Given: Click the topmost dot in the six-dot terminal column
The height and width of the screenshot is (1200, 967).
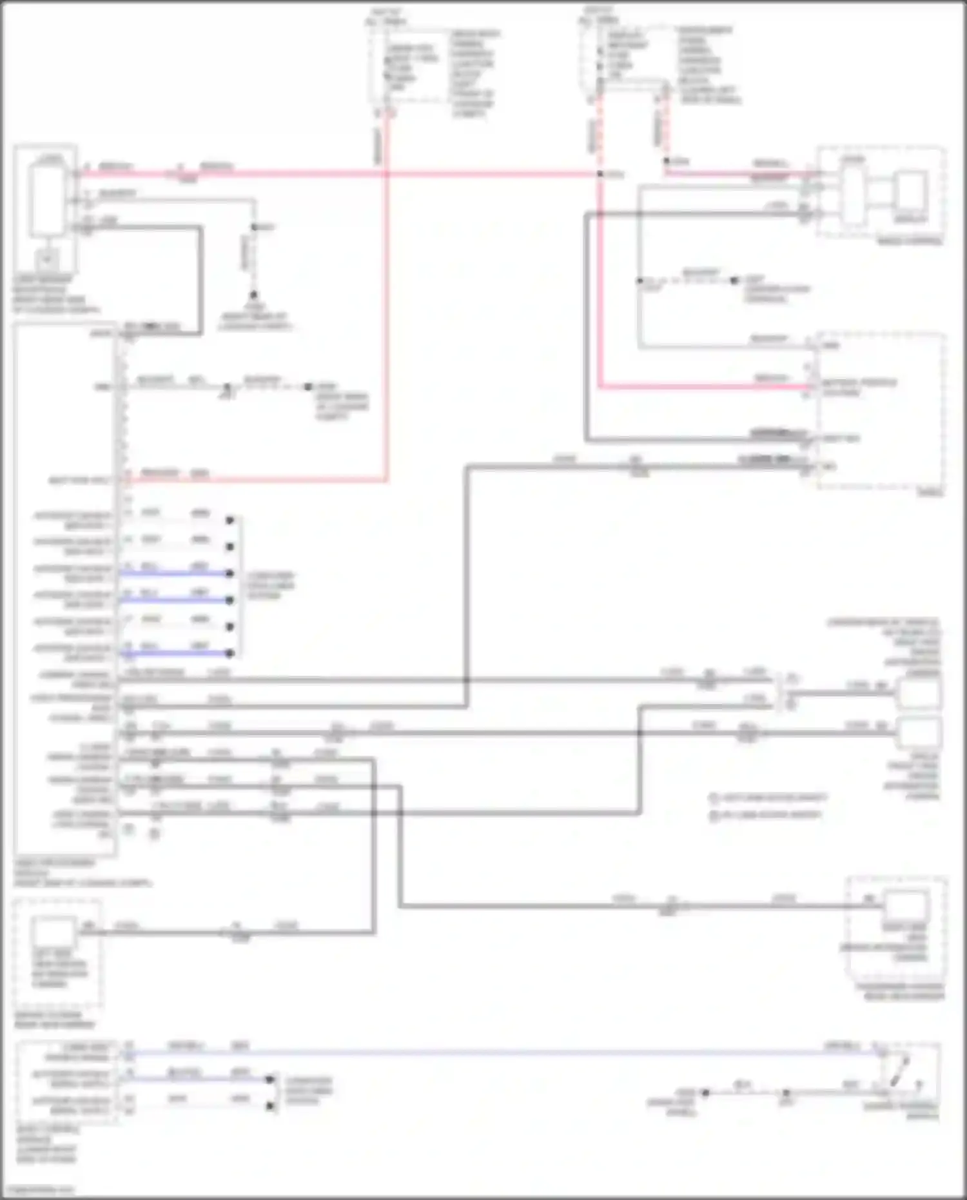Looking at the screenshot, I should [x=230, y=520].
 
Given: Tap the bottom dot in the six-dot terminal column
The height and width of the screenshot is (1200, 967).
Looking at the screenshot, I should [x=230, y=653].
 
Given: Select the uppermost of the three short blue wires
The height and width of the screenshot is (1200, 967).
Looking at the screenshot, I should [x=174, y=573].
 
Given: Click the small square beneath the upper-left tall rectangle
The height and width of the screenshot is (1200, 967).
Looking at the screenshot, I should [x=46, y=259].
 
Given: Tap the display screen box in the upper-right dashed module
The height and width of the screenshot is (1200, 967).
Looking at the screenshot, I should [x=910, y=191].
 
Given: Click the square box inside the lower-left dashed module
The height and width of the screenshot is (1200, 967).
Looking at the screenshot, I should [x=54, y=934].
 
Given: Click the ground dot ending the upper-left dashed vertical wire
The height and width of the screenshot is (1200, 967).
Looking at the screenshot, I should [x=254, y=294].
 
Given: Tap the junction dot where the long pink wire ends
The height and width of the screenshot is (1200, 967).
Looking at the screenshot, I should [x=600, y=174].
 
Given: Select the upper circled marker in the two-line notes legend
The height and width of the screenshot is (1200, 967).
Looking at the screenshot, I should [x=713, y=798].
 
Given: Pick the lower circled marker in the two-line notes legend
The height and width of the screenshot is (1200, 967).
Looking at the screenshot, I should [x=713, y=816].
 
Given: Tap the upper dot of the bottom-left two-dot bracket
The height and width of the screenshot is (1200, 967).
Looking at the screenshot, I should [x=271, y=1079].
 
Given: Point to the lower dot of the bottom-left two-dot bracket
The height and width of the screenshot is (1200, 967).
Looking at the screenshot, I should [x=271, y=1106].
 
